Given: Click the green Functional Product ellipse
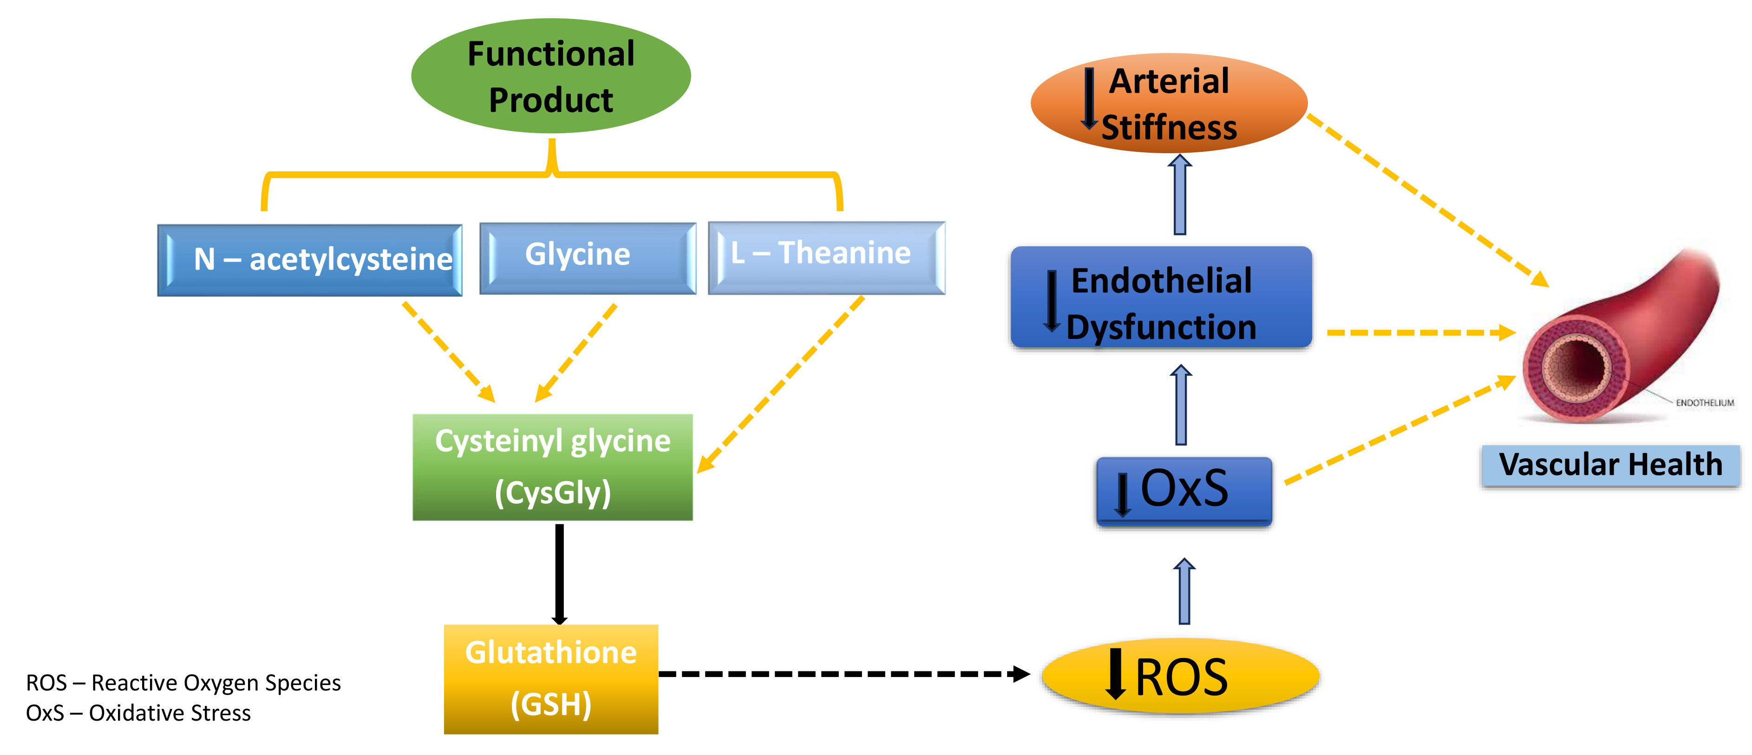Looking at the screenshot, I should coord(551,76).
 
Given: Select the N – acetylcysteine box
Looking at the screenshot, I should coord(310,260).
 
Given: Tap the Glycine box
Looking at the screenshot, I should coord(588,257).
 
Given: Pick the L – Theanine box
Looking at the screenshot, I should coord(826,257).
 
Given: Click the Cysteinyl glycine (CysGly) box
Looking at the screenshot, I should coord(552,467).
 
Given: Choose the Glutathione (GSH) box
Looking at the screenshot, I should coord(551,679).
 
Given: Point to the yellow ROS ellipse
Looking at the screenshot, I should coord(1180,676).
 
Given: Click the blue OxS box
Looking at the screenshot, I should coord(1183,490).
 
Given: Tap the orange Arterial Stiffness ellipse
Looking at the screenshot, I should coord(1169,104).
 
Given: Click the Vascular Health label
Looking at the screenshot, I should coord(1610,465).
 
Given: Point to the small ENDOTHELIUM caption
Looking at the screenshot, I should coord(1705,403).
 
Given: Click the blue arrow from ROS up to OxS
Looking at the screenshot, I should coord(1184,592).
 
